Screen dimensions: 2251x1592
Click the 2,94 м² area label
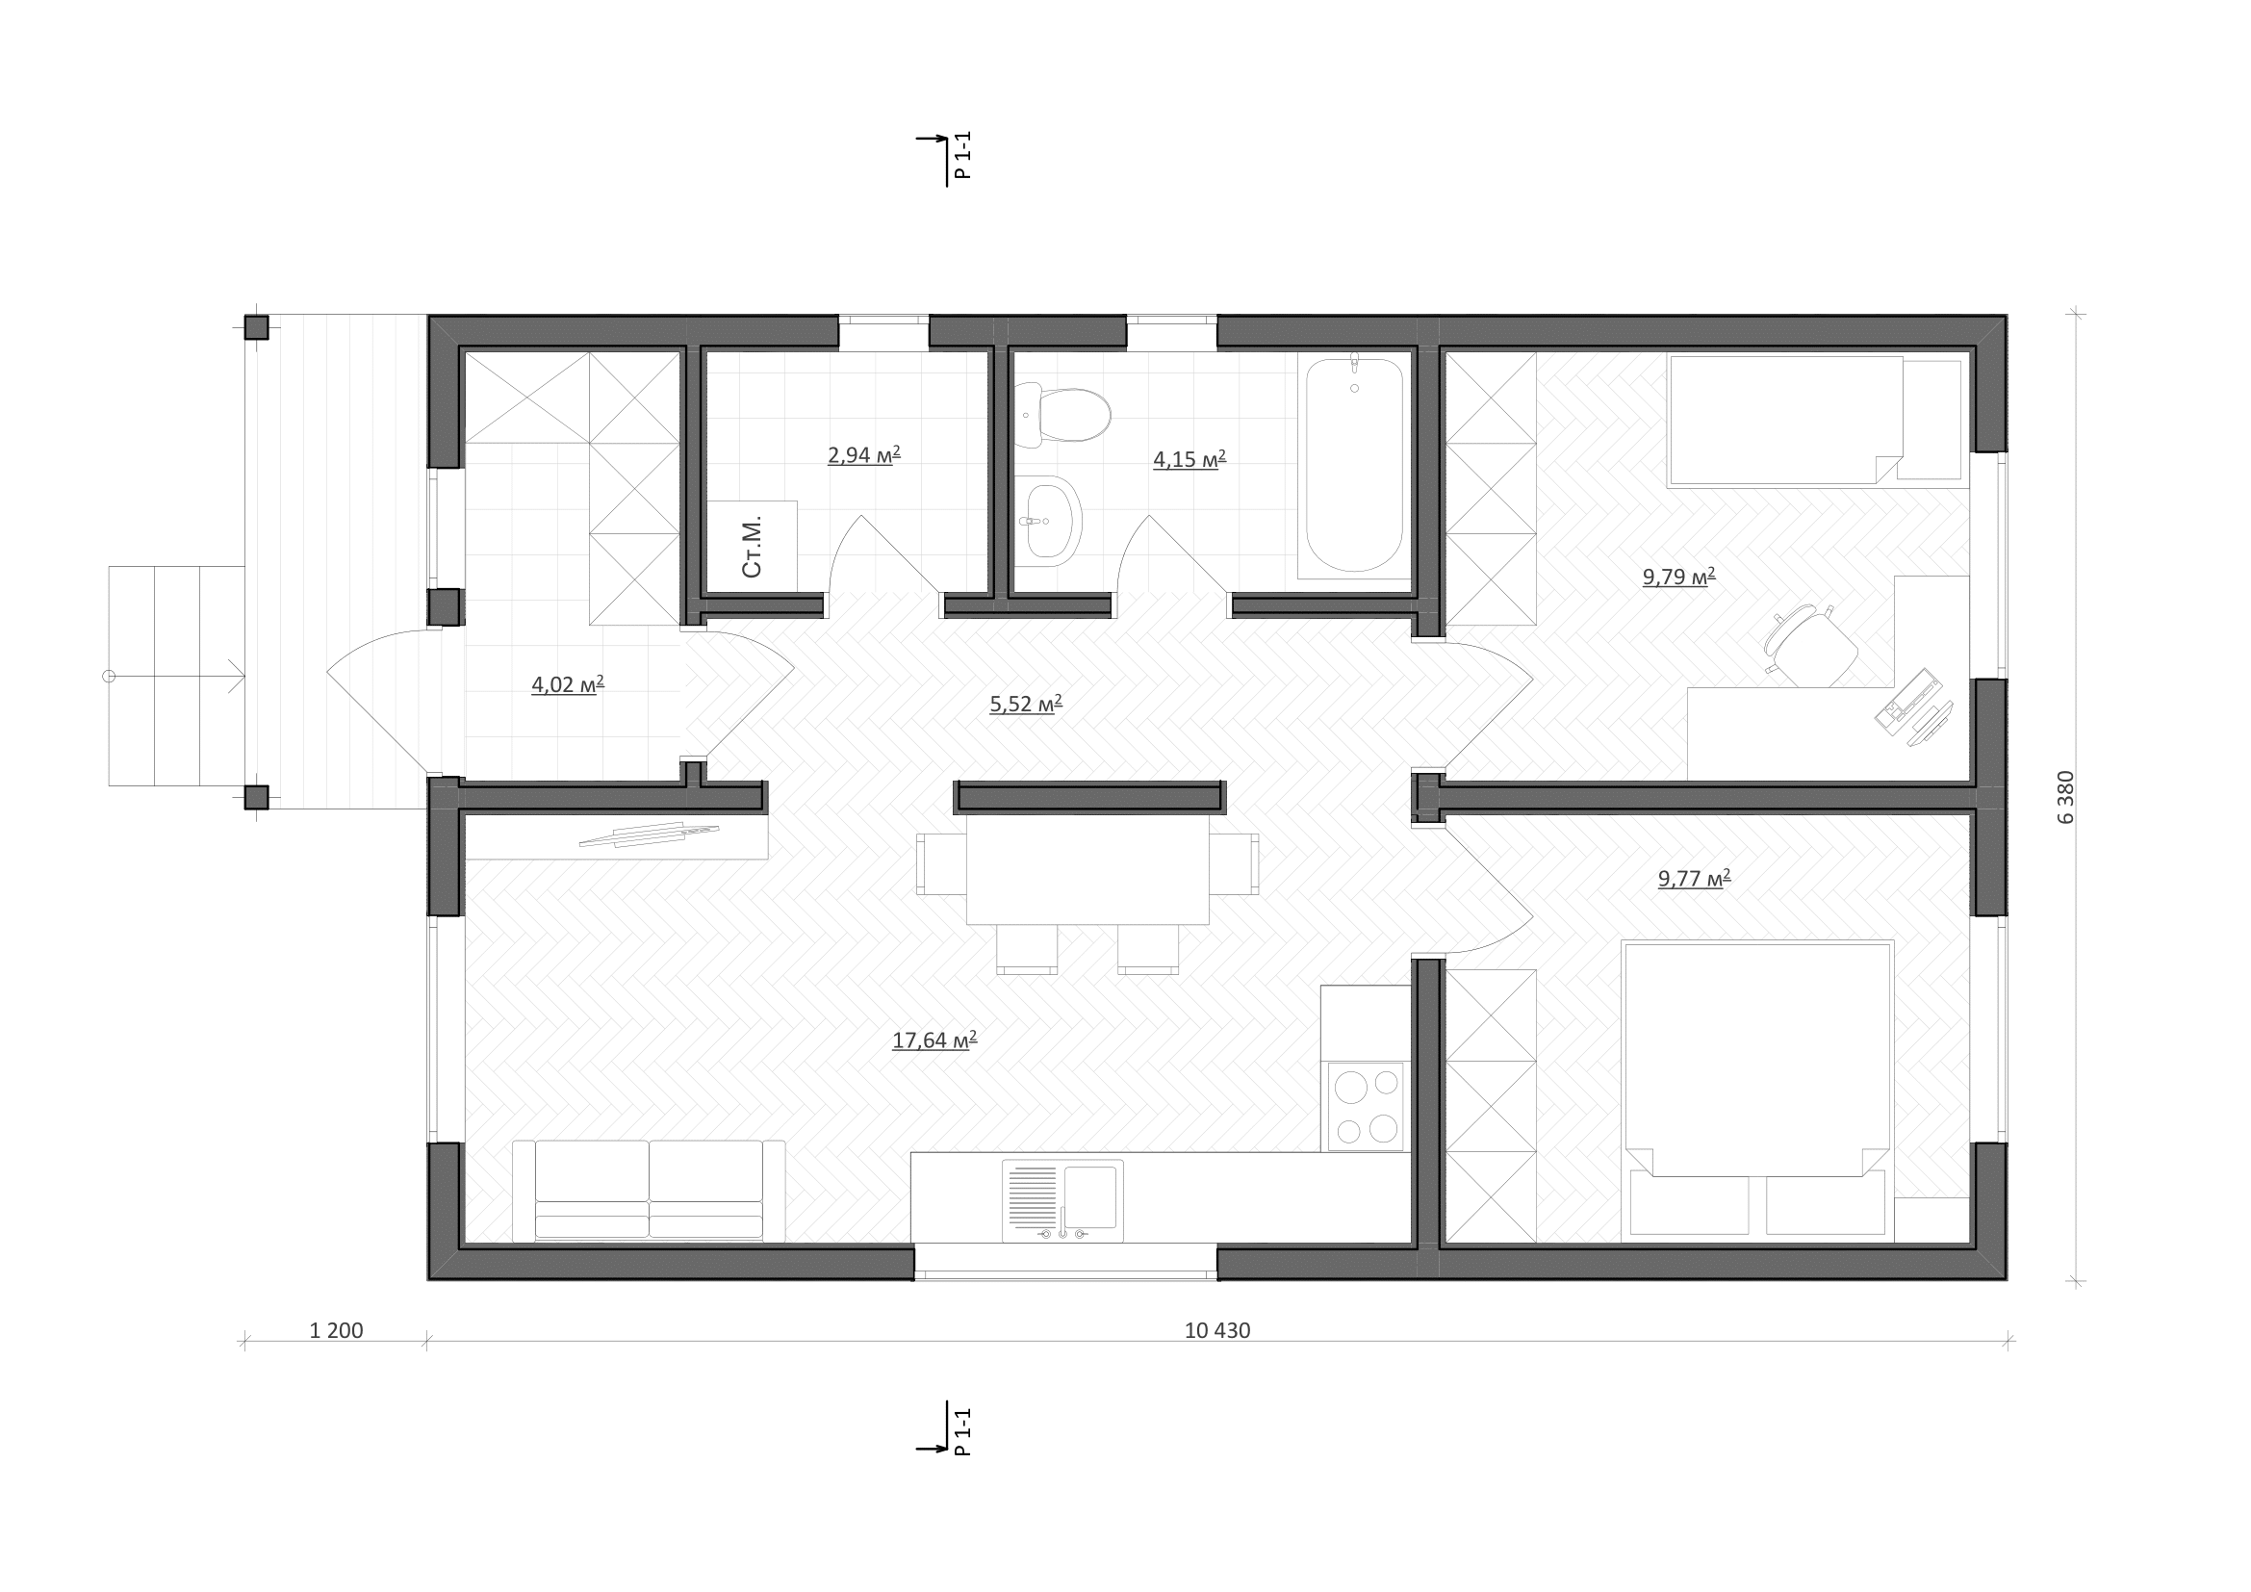point(863,455)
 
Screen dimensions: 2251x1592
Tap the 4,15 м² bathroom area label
point(1189,459)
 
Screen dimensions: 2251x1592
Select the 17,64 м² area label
point(934,1040)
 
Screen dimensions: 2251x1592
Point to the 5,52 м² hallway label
point(1026,703)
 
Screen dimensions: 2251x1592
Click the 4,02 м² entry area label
point(568,684)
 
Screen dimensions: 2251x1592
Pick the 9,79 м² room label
point(1678,576)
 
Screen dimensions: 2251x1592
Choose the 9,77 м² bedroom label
point(1694,878)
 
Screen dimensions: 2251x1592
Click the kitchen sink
point(1062,1200)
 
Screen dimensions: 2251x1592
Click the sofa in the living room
point(648,1191)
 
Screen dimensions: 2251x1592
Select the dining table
point(1087,868)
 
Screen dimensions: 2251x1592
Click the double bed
point(1757,1089)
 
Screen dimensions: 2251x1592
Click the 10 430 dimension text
point(1217,1331)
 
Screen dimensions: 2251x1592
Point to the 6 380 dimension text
point(2065,797)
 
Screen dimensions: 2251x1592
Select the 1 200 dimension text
point(336,1331)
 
